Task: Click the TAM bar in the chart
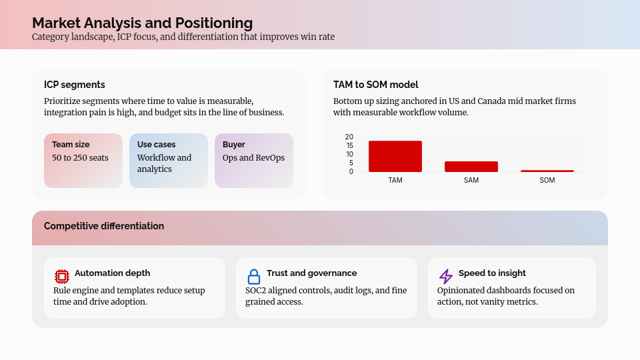click(x=395, y=156)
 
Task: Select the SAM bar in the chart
click(x=471, y=167)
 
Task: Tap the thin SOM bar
click(x=547, y=171)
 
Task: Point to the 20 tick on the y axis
click(x=349, y=137)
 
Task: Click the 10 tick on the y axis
click(x=349, y=154)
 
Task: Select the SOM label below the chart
click(x=547, y=181)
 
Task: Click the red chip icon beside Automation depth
click(x=62, y=276)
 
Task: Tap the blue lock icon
click(x=254, y=276)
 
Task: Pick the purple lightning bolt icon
click(x=446, y=276)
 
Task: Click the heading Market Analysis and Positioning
click(x=142, y=23)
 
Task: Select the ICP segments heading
click(x=75, y=85)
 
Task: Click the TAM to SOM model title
click(x=376, y=85)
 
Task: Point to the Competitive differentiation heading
click(x=104, y=226)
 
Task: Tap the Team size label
click(x=71, y=145)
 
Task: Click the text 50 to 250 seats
click(x=80, y=158)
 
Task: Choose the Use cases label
click(x=157, y=145)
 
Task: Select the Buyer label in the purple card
click(x=234, y=145)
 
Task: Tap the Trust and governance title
click(x=311, y=273)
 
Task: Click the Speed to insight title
click(x=492, y=273)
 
